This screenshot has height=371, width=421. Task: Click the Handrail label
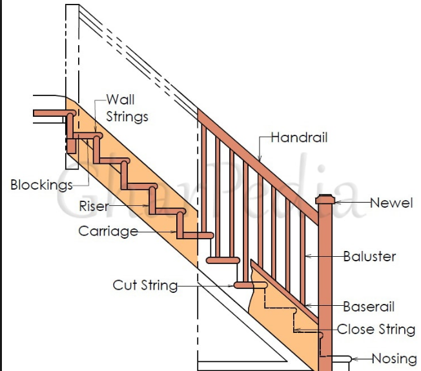(x=300, y=137)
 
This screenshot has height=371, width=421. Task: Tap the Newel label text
(x=391, y=203)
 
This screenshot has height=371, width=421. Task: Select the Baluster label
(x=369, y=256)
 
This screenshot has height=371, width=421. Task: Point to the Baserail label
(x=369, y=306)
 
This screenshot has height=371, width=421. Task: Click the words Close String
(x=376, y=330)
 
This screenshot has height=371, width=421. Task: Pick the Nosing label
(x=394, y=359)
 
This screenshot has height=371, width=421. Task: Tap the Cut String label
(x=145, y=285)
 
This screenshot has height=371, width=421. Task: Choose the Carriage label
(x=108, y=231)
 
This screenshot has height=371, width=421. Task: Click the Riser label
(x=94, y=206)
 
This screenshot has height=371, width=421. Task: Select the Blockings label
(x=41, y=185)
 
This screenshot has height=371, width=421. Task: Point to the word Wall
(x=120, y=99)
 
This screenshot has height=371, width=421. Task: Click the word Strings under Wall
(x=127, y=117)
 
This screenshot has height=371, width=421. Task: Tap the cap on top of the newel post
(x=325, y=199)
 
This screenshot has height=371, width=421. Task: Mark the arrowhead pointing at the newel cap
(x=338, y=202)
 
